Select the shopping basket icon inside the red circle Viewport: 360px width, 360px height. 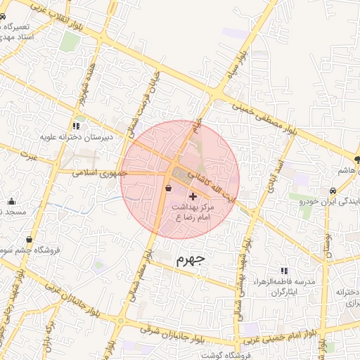(167, 188)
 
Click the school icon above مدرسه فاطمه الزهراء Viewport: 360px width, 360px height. (284, 270)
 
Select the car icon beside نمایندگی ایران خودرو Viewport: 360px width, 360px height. (332, 191)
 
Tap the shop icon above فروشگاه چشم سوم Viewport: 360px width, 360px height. (29, 239)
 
